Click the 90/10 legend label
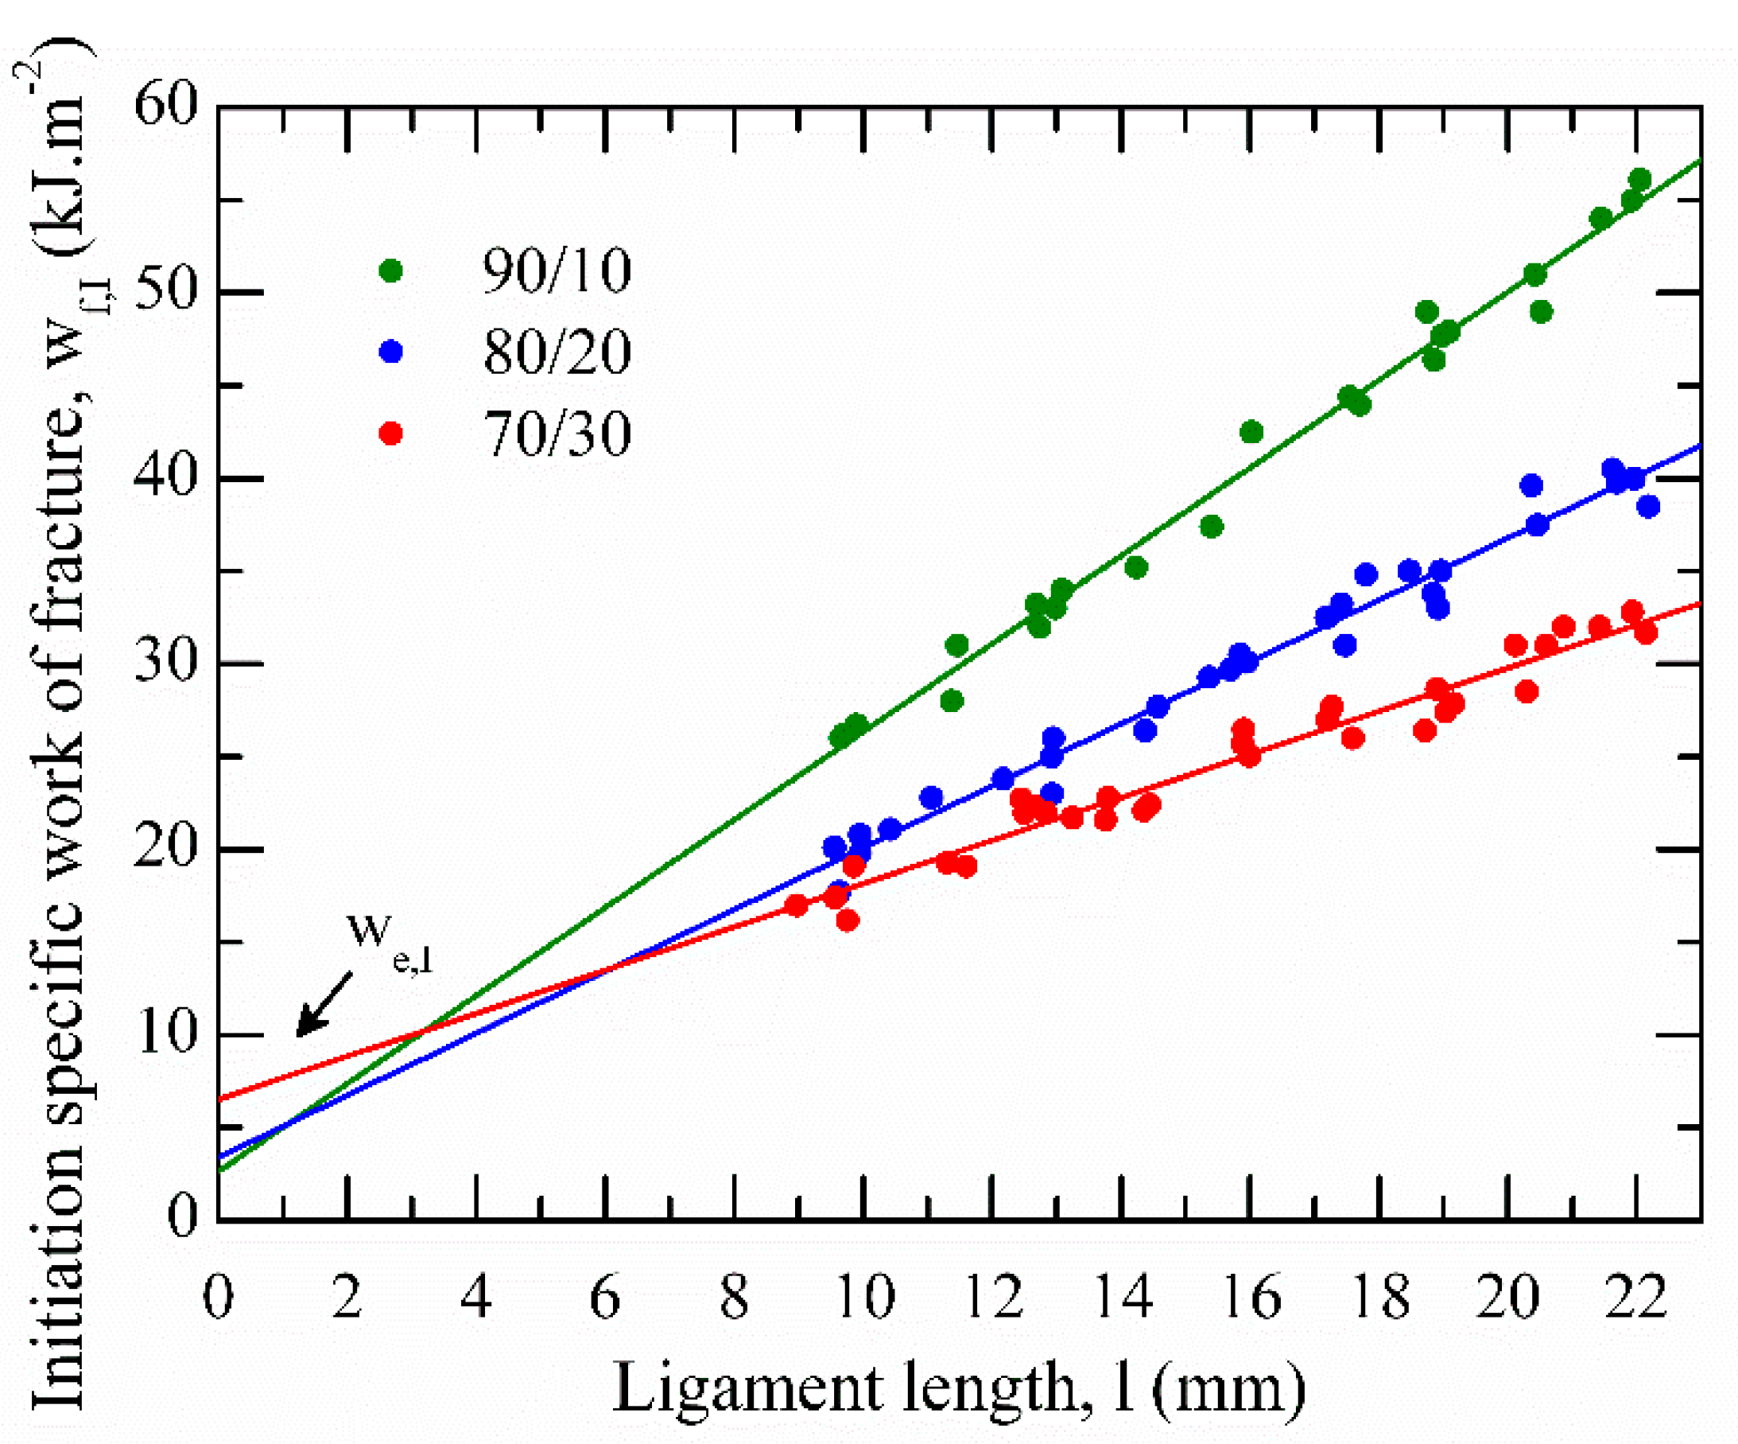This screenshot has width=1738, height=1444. pyautogui.click(x=557, y=271)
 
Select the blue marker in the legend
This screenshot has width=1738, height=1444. pyautogui.click(x=390, y=352)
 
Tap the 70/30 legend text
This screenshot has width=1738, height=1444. pyautogui.click(x=557, y=434)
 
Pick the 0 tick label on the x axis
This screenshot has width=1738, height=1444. pyautogui.click(x=218, y=1298)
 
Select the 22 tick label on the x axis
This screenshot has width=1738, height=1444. pyautogui.click(x=1635, y=1298)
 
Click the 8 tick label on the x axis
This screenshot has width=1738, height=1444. pyautogui.click(x=734, y=1298)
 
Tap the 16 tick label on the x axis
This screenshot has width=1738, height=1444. pyautogui.click(x=1251, y=1298)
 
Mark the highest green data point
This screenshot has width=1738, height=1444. pyautogui.click(x=1639, y=180)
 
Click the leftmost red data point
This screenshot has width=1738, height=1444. pyautogui.click(x=796, y=905)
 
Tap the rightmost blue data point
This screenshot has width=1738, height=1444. pyautogui.click(x=1649, y=506)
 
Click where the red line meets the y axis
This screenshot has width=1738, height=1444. pyautogui.click(x=219, y=1100)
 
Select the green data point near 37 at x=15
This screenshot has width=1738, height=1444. pyautogui.click(x=1212, y=527)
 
